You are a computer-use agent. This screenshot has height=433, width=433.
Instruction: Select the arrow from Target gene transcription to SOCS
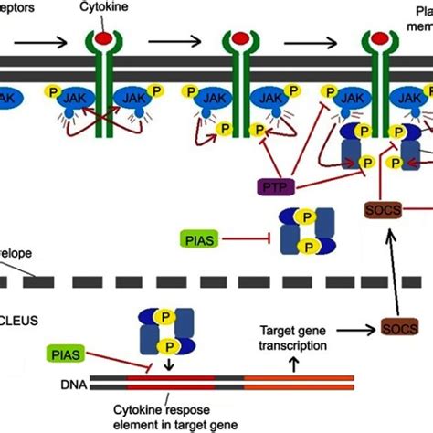pyautogui.click(x=353, y=327)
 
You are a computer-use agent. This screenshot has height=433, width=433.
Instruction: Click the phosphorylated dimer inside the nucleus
pyautogui.click(x=161, y=329)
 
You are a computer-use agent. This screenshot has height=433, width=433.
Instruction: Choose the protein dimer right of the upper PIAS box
pyautogui.click(x=307, y=229)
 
